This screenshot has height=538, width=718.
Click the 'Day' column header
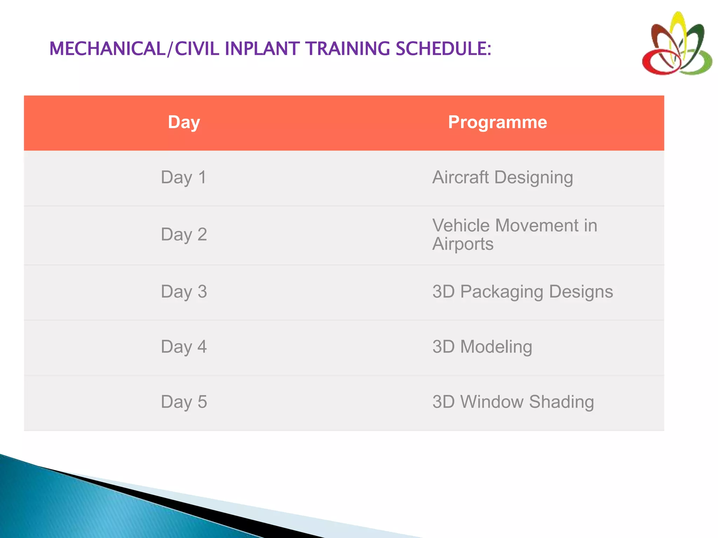tap(184, 123)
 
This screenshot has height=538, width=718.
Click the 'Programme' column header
tap(497, 123)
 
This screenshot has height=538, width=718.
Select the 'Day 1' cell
tap(184, 178)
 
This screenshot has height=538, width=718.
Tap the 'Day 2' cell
tap(184, 235)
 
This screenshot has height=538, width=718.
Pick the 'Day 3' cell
tap(184, 292)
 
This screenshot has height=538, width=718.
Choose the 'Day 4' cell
tap(184, 347)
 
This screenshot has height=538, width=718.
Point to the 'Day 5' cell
tap(184, 402)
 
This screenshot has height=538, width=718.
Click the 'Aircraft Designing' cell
tap(502, 178)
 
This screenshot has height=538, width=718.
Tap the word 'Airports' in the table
tap(463, 244)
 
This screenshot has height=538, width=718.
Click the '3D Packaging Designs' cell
tap(522, 292)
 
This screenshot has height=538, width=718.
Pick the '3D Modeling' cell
tap(482, 347)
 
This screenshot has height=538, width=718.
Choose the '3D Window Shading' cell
tap(513, 402)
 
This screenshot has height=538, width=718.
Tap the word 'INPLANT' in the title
tap(262, 49)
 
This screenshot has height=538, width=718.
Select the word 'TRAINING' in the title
tap(347, 49)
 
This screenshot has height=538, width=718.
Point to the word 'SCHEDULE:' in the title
tap(443, 49)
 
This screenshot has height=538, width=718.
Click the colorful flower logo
tap(677, 44)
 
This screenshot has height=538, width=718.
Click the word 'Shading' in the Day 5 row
tap(561, 402)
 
